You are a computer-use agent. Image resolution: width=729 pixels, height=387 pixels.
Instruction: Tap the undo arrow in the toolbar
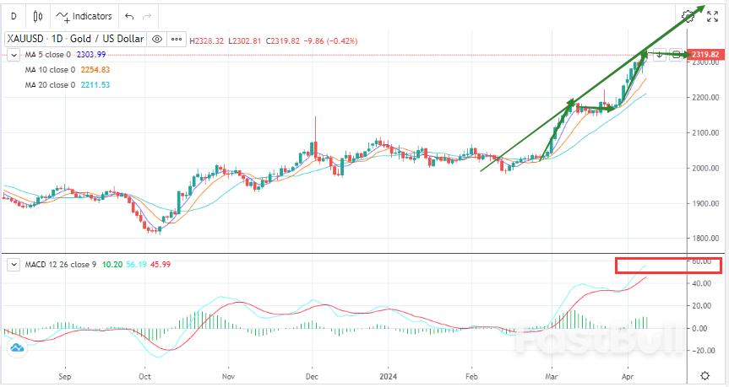point(129,16)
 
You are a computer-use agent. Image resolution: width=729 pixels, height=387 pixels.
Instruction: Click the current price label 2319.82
point(705,55)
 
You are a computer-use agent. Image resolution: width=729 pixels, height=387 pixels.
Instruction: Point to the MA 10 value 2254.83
point(94,70)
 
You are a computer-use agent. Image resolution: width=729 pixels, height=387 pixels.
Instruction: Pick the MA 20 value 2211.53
point(94,85)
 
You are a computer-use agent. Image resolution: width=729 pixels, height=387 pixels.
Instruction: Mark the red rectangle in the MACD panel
point(667,266)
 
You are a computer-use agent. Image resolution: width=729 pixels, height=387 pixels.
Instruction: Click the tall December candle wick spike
point(315,126)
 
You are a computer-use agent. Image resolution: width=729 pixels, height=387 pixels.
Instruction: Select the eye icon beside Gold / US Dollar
point(157,39)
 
